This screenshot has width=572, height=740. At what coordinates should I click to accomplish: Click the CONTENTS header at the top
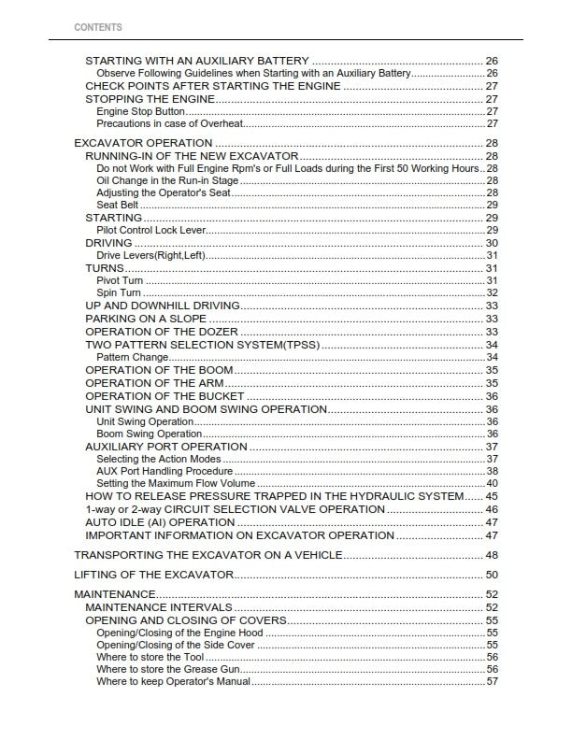click(x=97, y=28)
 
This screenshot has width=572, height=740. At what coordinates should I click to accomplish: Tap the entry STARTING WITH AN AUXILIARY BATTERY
click(x=196, y=61)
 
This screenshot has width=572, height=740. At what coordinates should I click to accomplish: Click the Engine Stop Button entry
click(x=140, y=111)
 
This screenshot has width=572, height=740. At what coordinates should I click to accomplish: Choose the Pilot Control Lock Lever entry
click(x=150, y=230)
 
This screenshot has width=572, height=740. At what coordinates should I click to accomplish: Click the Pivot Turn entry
click(x=119, y=280)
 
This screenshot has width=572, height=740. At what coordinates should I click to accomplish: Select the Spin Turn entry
click(x=118, y=292)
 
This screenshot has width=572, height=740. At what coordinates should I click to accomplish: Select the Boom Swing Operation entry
click(x=149, y=434)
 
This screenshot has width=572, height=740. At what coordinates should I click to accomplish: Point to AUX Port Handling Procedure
click(x=164, y=471)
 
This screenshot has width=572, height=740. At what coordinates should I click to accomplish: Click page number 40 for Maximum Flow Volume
click(x=492, y=483)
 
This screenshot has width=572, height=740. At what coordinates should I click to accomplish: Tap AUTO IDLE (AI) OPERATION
click(x=160, y=522)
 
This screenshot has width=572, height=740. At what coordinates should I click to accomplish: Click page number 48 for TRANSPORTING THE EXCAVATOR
click(x=492, y=555)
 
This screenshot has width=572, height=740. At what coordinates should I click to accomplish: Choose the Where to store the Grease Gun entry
click(x=168, y=669)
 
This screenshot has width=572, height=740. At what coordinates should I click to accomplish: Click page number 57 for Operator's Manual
click(x=492, y=681)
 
